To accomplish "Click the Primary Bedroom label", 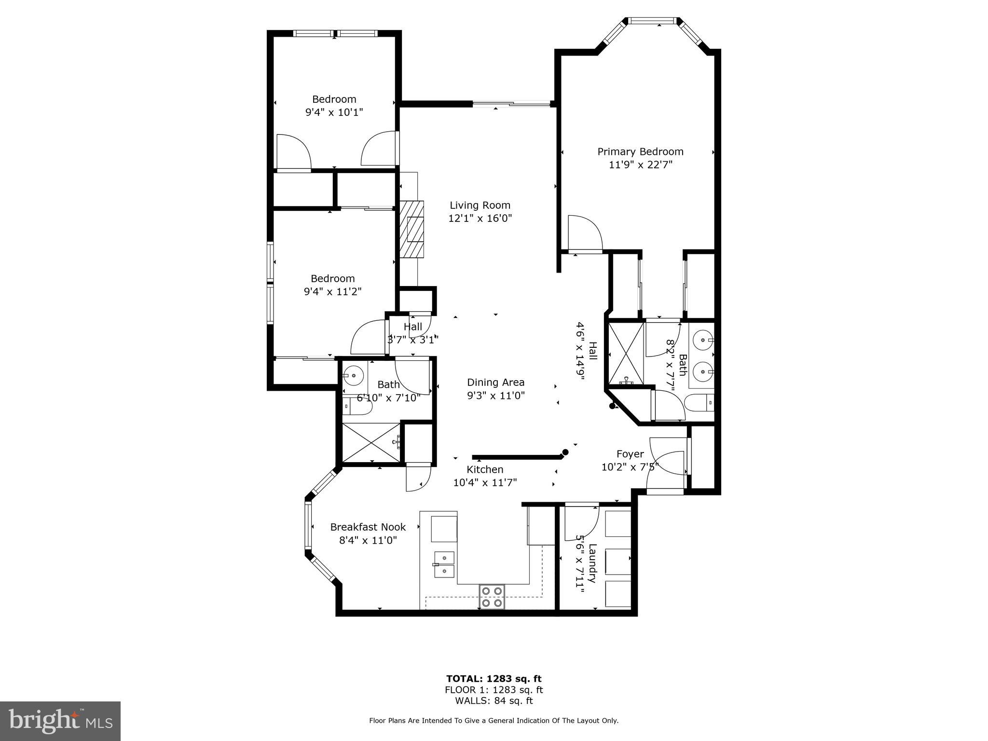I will pyautogui.click(x=640, y=151).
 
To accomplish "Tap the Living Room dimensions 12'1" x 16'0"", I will pyautogui.click(x=480, y=218).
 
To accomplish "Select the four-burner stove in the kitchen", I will pyautogui.click(x=492, y=597).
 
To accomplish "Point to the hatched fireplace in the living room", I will pyautogui.click(x=412, y=229).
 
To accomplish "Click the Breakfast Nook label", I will pyautogui.click(x=368, y=527).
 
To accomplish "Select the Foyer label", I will pyautogui.click(x=630, y=454).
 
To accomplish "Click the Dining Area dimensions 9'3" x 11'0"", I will pyautogui.click(x=495, y=396).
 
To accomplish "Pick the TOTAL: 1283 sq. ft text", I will pyautogui.click(x=494, y=679).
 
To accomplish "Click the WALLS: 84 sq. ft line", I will pyautogui.click(x=494, y=701).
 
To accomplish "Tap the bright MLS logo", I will pyautogui.click(x=60, y=721).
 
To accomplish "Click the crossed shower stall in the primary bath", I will pyautogui.click(x=626, y=354).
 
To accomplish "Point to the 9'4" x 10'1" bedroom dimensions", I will pyautogui.click(x=334, y=112).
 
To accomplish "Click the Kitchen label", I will pyautogui.click(x=485, y=469).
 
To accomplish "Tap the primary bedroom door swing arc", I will pyautogui.click(x=585, y=233).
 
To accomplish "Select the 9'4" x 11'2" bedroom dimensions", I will pyautogui.click(x=332, y=291).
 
